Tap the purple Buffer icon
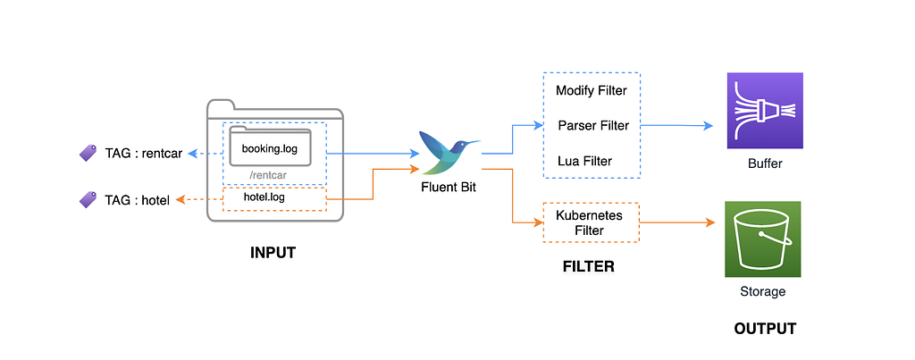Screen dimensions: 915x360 coord(765,110)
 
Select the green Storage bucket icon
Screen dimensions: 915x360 coord(762,239)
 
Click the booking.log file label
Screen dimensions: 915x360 coord(270,148)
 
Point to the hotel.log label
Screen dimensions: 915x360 coord(264,197)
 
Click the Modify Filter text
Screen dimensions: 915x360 coord(592,90)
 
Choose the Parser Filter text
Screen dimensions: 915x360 coord(593,125)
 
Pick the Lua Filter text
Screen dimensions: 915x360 coord(585,161)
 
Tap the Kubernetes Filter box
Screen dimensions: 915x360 coord(592,222)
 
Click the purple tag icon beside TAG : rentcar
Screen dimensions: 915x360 coord(88,154)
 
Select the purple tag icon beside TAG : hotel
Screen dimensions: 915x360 coord(88,200)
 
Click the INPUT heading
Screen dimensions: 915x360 coord(273,253)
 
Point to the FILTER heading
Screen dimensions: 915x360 coord(588,266)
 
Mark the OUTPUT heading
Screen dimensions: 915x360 coord(765,329)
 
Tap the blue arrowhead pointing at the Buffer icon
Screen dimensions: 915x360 coord(709,126)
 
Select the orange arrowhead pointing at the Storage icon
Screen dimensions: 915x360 coord(710,222)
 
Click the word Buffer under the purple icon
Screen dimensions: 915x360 coord(765,164)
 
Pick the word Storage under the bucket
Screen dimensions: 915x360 coord(763,291)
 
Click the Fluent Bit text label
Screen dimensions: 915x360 coord(449,188)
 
